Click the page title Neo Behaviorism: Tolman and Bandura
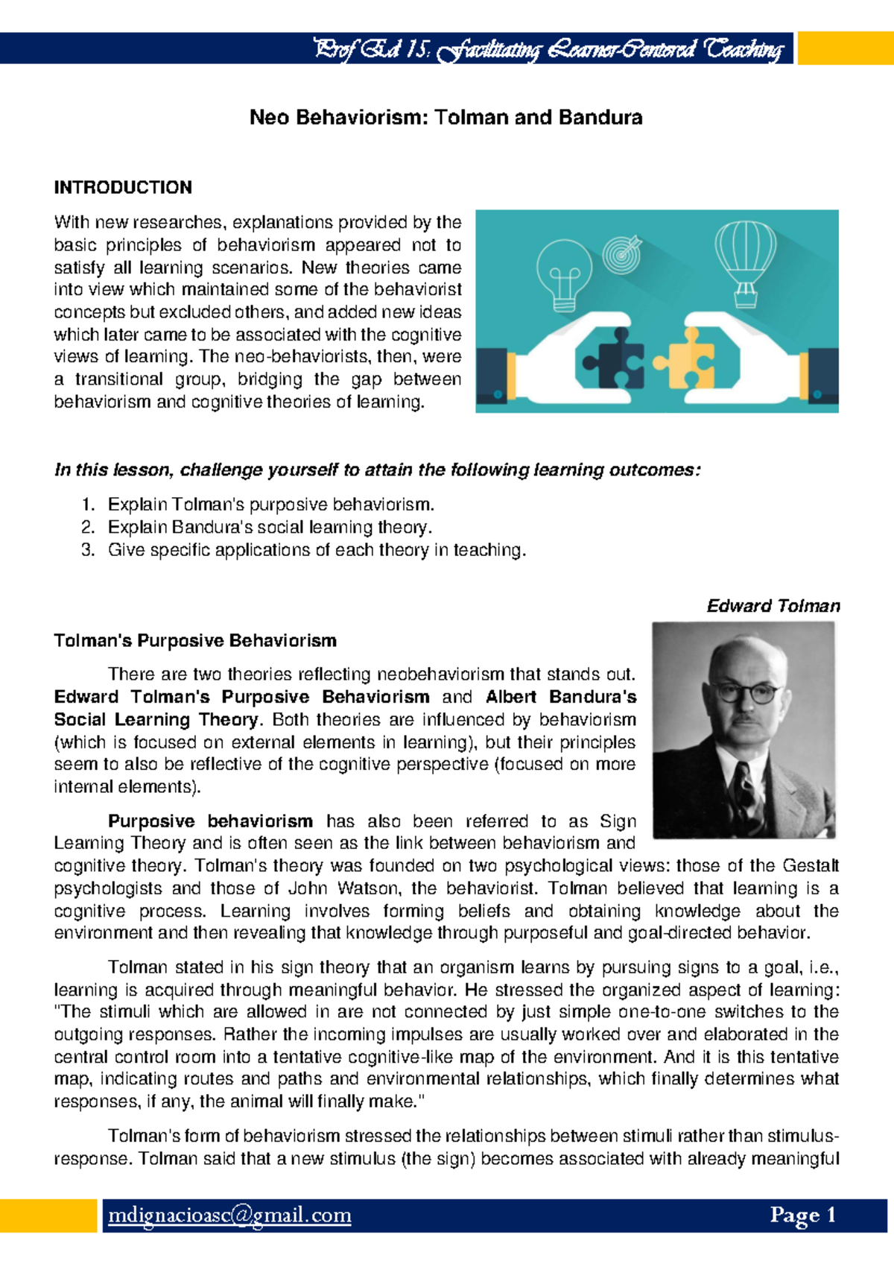point(446,118)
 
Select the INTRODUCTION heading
point(123,187)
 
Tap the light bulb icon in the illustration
point(564,276)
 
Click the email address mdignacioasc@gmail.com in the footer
point(229,1216)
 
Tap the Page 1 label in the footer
point(803,1216)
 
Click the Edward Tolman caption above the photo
point(773,606)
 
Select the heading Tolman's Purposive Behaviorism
point(195,641)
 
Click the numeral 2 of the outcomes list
point(88,528)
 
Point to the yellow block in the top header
point(845,48)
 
